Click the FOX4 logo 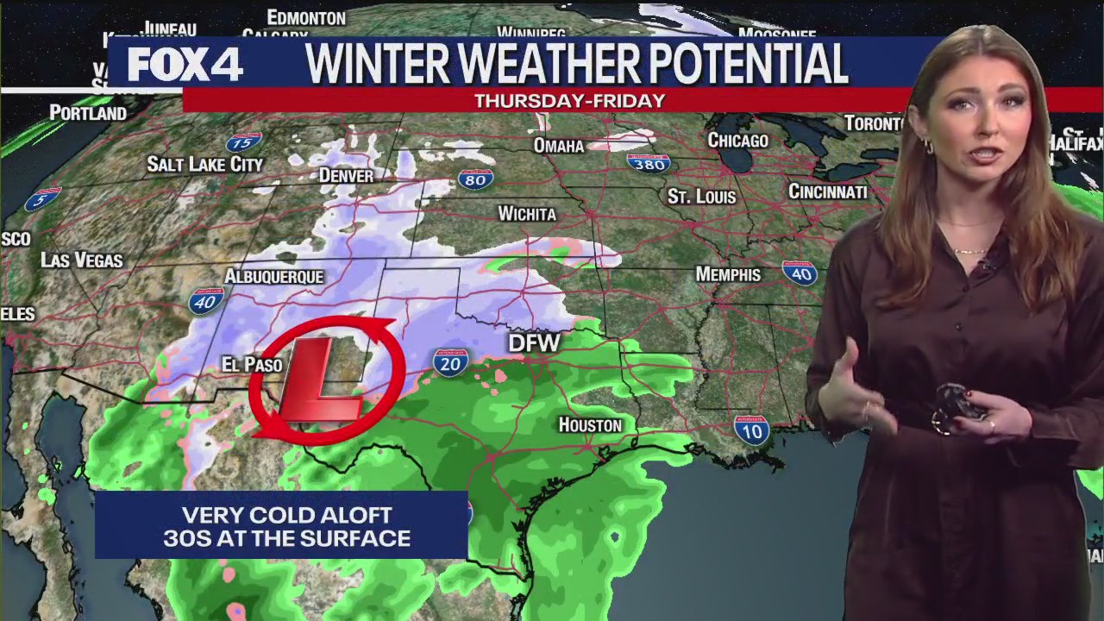pos(185,65)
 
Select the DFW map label pos(534,343)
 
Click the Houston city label pos(590,425)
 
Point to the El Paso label pos(252,365)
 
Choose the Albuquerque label pos(273,277)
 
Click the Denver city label pos(346,176)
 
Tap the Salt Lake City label pos(204,164)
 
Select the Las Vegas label pos(82,260)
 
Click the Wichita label pos(527,214)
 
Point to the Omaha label pos(559,146)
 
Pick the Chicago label pos(737,141)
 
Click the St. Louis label pos(701,197)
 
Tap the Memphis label pos(728,274)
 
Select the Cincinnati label pos(827,191)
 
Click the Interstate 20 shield pos(450,363)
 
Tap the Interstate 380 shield pos(649,163)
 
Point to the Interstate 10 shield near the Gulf pos(751,429)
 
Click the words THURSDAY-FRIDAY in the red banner pos(569,101)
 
